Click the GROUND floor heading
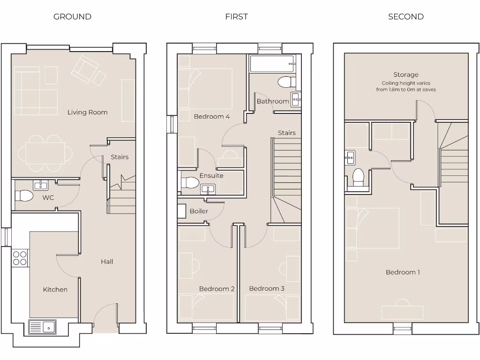(x=72, y=17)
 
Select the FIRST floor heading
(x=236, y=17)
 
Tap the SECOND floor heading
(x=405, y=17)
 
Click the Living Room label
(x=87, y=112)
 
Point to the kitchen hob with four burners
(x=20, y=258)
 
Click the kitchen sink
(x=43, y=326)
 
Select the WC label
(x=48, y=198)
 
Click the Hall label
(x=107, y=262)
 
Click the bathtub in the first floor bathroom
(x=272, y=64)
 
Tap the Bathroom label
(x=273, y=101)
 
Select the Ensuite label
(x=211, y=176)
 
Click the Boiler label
(x=199, y=211)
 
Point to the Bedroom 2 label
(x=217, y=289)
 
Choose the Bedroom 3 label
(x=267, y=289)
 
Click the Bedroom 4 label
(x=212, y=116)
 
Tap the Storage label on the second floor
(x=406, y=75)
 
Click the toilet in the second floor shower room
(x=358, y=177)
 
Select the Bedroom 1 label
(x=403, y=272)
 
